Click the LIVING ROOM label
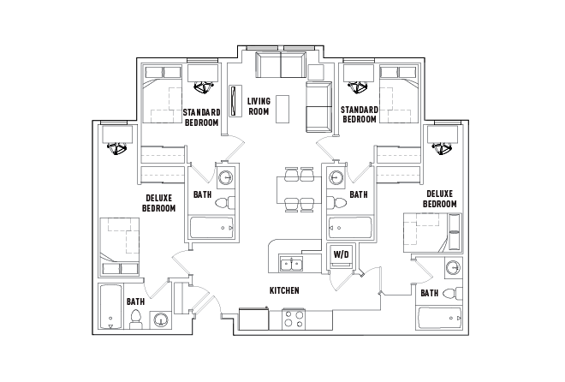259,106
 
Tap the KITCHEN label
284,291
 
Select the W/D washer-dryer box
340,255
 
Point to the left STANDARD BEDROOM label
202,116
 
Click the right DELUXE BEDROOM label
440,200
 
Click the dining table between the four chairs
294,188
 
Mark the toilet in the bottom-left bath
135,319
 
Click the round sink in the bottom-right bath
452,269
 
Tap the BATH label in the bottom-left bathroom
135,301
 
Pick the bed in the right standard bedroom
397,96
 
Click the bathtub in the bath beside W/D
351,229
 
